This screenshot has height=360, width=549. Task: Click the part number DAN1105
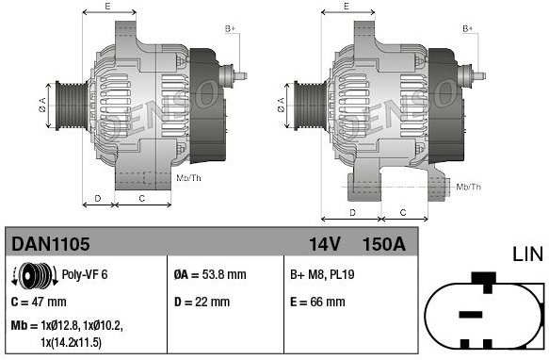(x=51, y=244)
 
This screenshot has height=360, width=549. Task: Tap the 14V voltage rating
(x=324, y=244)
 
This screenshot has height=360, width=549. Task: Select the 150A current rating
(x=384, y=244)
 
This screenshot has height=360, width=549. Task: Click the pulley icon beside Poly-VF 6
(x=35, y=275)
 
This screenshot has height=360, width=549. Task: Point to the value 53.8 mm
(x=224, y=274)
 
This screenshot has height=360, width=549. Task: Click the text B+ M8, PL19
(x=322, y=274)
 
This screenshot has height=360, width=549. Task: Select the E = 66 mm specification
(x=317, y=302)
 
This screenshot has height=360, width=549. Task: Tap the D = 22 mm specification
(x=202, y=302)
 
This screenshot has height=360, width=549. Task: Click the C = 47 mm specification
(x=39, y=302)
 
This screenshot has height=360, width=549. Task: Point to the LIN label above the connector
(x=528, y=254)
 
